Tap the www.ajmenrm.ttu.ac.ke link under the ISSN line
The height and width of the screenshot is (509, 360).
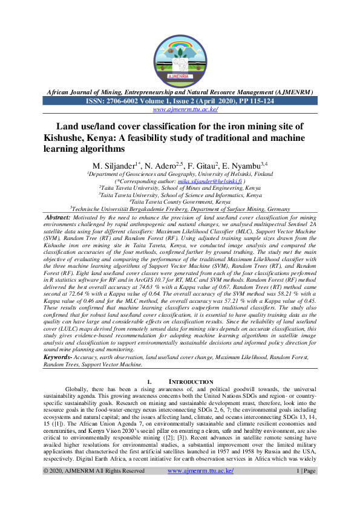(180, 109)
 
